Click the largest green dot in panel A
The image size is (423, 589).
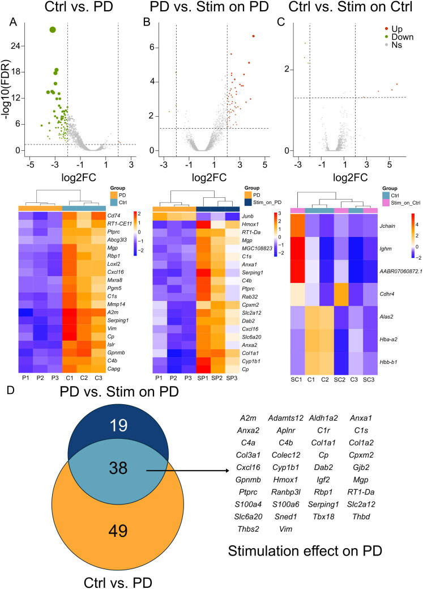(x=53, y=29)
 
